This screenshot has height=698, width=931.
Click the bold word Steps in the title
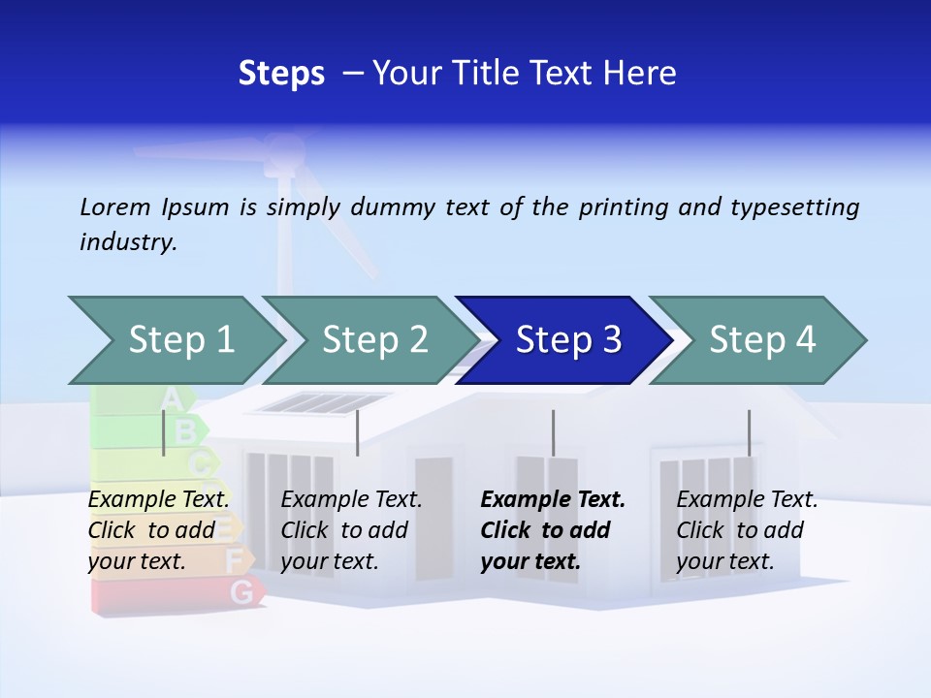281,74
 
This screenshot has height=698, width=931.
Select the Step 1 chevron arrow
176,340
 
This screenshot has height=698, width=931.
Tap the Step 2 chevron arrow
373,340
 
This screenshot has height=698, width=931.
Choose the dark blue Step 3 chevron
567,340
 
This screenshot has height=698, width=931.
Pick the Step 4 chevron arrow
761,340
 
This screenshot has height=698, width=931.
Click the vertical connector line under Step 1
164,432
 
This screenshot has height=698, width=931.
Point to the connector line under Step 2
358,432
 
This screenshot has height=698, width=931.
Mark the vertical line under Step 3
553,432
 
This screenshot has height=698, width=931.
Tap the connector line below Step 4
749,432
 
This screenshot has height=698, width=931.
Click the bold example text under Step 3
552,530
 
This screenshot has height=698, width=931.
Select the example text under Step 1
158,530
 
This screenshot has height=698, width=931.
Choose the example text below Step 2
351,530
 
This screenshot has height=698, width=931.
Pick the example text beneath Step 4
746,530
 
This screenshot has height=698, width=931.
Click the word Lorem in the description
114,206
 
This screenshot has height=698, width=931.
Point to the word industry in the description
127,242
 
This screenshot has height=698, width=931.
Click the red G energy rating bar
175,593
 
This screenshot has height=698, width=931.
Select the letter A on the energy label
171,397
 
